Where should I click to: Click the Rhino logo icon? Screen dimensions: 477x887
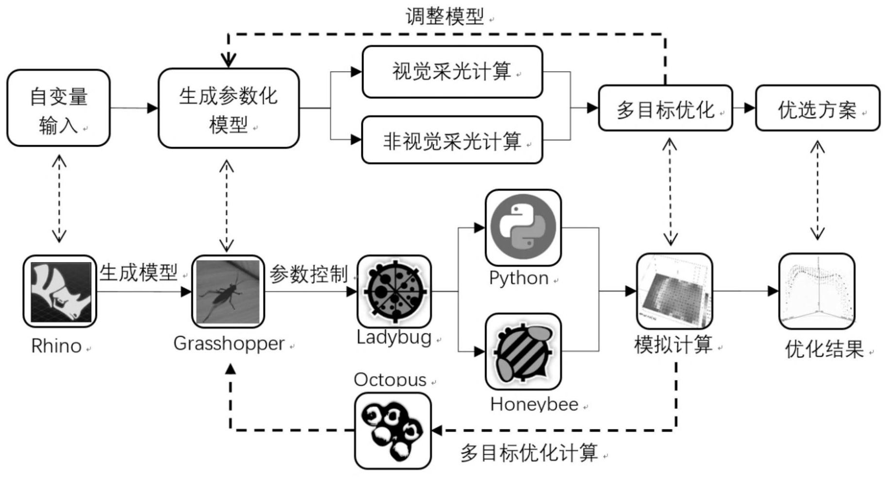point(60,291)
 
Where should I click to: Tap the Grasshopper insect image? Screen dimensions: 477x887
point(228,292)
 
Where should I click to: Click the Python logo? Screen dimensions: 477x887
point(523,227)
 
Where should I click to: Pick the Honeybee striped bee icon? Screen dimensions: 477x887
point(523,351)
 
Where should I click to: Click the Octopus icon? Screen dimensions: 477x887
point(393,430)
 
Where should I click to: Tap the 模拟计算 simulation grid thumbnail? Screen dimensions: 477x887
point(674,291)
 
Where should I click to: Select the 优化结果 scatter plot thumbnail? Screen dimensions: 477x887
point(817,291)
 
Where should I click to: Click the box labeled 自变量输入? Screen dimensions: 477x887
point(58,108)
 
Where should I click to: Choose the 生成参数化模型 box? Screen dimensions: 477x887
point(228,108)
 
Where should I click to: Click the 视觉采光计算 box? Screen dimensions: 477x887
point(452,72)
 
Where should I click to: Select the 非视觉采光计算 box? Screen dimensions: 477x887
point(452,140)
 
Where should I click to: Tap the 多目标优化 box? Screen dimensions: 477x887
point(665,108)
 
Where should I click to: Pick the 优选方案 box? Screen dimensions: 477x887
point(817,108)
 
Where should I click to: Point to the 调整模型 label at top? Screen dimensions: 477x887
point(444,16)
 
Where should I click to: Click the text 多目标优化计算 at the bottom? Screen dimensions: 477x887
point(529,453)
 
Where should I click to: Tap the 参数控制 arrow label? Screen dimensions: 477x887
point(309,275)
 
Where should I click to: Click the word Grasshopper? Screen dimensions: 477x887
point(229,344)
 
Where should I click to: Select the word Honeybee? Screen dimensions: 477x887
point(534,404)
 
